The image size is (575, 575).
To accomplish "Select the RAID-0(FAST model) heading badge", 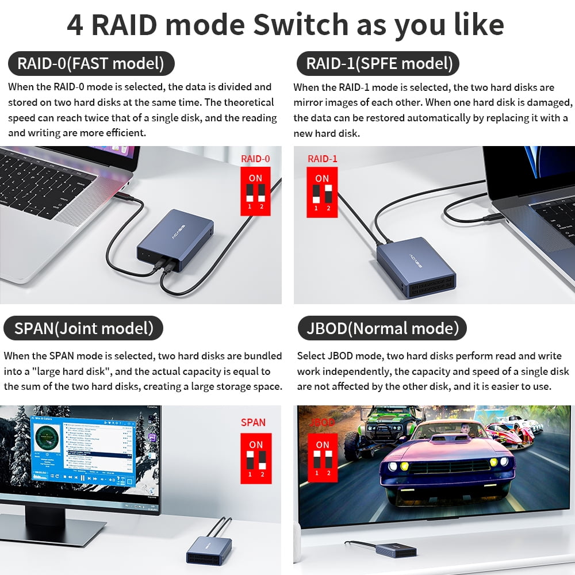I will pyautogui.click(x=91, y=63).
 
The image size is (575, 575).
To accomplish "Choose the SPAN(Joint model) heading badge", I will pyautogui.click(x=84, y=328).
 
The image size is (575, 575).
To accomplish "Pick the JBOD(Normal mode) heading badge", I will pyautogui.click(x=382, y=328).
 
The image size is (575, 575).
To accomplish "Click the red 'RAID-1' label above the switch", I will pyautogui.click(x=323, y=159).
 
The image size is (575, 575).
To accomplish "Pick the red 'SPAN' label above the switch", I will pyautogui.click(x=253, y=422).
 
